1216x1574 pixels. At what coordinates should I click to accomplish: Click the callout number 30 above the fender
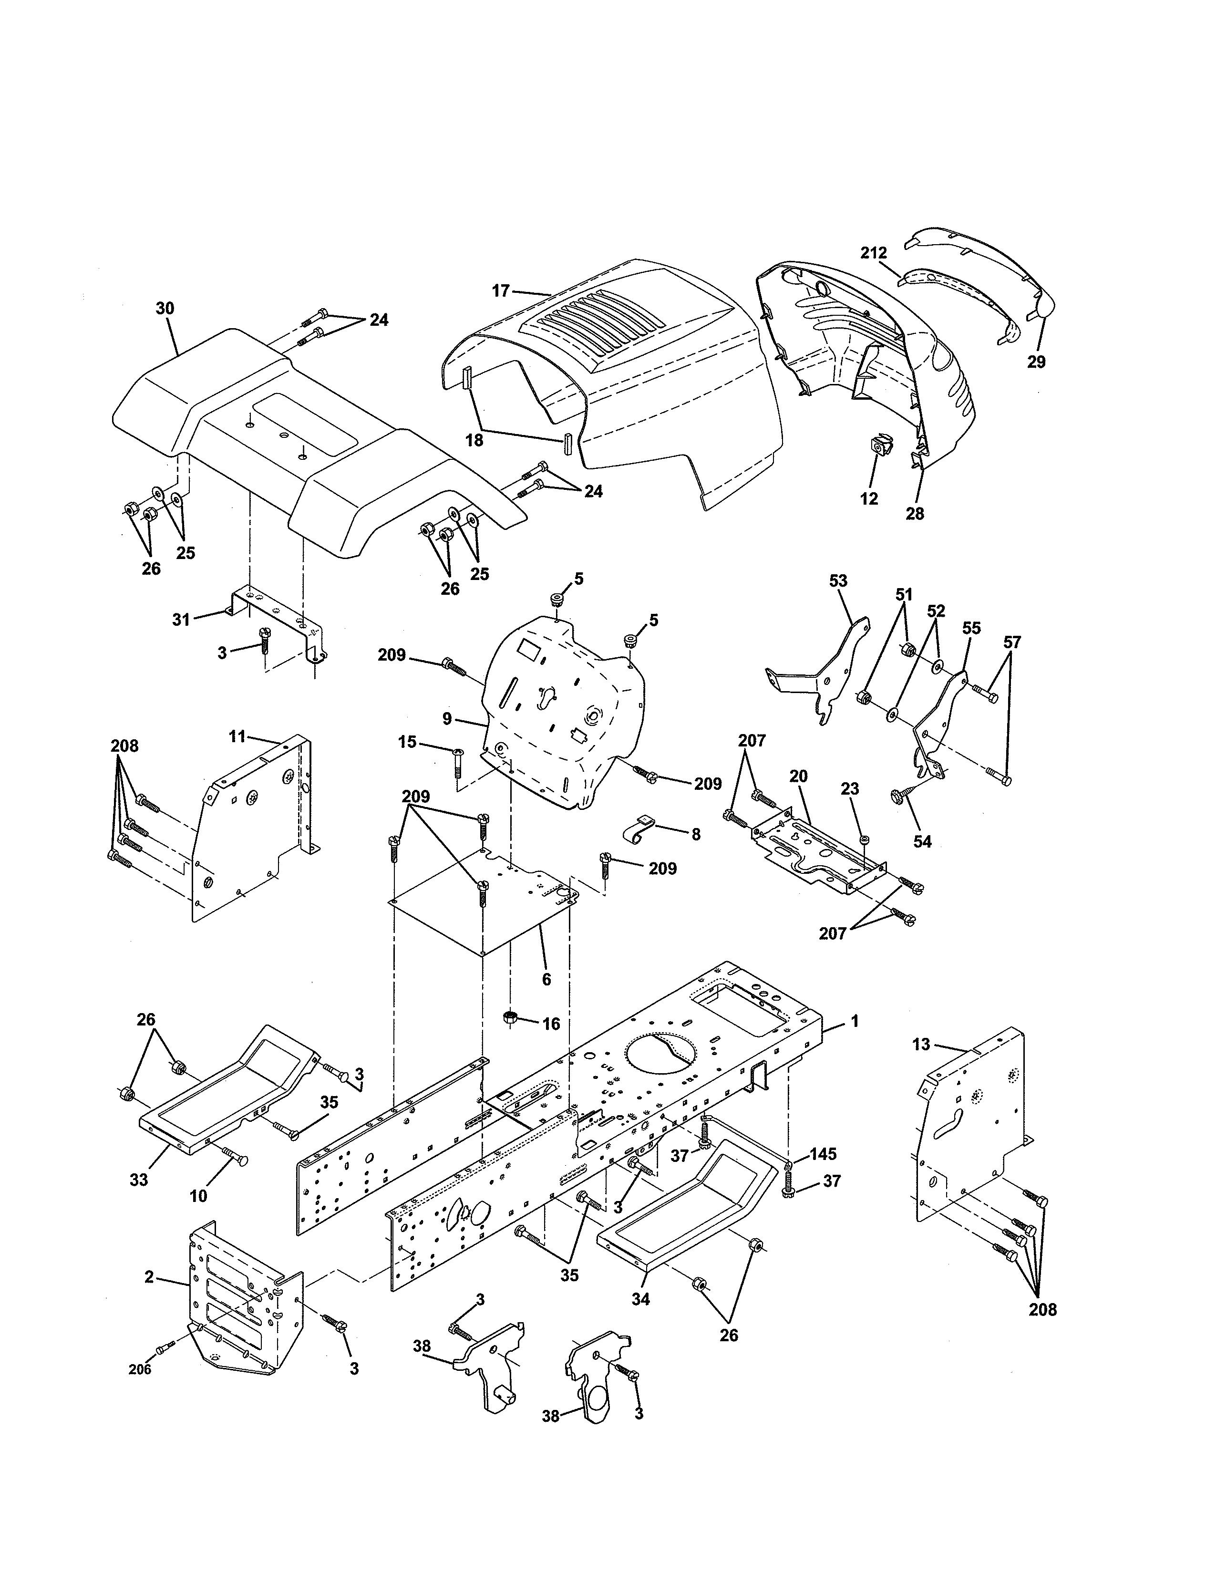click(x=165, y=309)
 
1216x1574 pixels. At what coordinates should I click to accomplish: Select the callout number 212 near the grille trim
click(x=873, y=253)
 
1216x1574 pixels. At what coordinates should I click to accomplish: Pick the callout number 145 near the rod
click(x=823, y=1154)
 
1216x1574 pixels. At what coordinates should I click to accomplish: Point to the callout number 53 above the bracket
click(x=838, y=581)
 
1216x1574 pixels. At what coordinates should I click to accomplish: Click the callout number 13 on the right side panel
click(x=921, y=1044)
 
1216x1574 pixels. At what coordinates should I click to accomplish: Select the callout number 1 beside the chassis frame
click(x=855, y=1021)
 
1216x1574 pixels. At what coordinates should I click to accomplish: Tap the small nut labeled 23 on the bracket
click(x=865, y=839)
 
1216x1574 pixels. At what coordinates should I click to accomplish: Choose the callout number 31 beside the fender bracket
click(x=181, y=619)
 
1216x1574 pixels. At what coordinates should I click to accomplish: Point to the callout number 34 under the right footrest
click(x=640, y=1299)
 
